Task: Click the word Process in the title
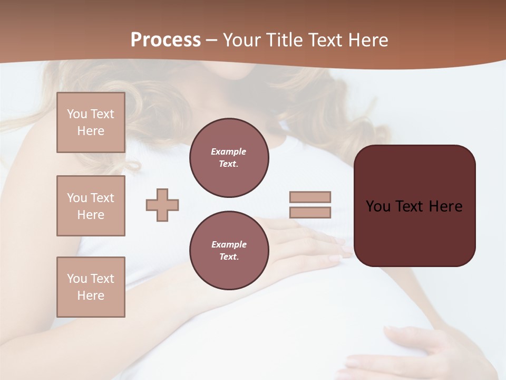tap(166, 40)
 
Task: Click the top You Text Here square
tap(91, 122)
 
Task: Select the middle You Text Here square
tap(91, 206)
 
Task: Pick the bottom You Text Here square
tap(91, 287)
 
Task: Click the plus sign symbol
tap(162, 205)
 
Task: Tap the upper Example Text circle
tap(229, 158)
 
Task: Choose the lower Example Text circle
tap(229, 251)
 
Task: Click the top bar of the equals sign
tap(310, 197)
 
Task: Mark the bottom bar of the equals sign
tap(310, 213)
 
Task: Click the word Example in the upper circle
tap(229, 151)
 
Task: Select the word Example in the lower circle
tap(229, 244)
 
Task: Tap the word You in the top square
tap(77, 114)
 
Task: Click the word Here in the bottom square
tap(91, 296)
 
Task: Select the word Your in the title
tap(241, 40)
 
